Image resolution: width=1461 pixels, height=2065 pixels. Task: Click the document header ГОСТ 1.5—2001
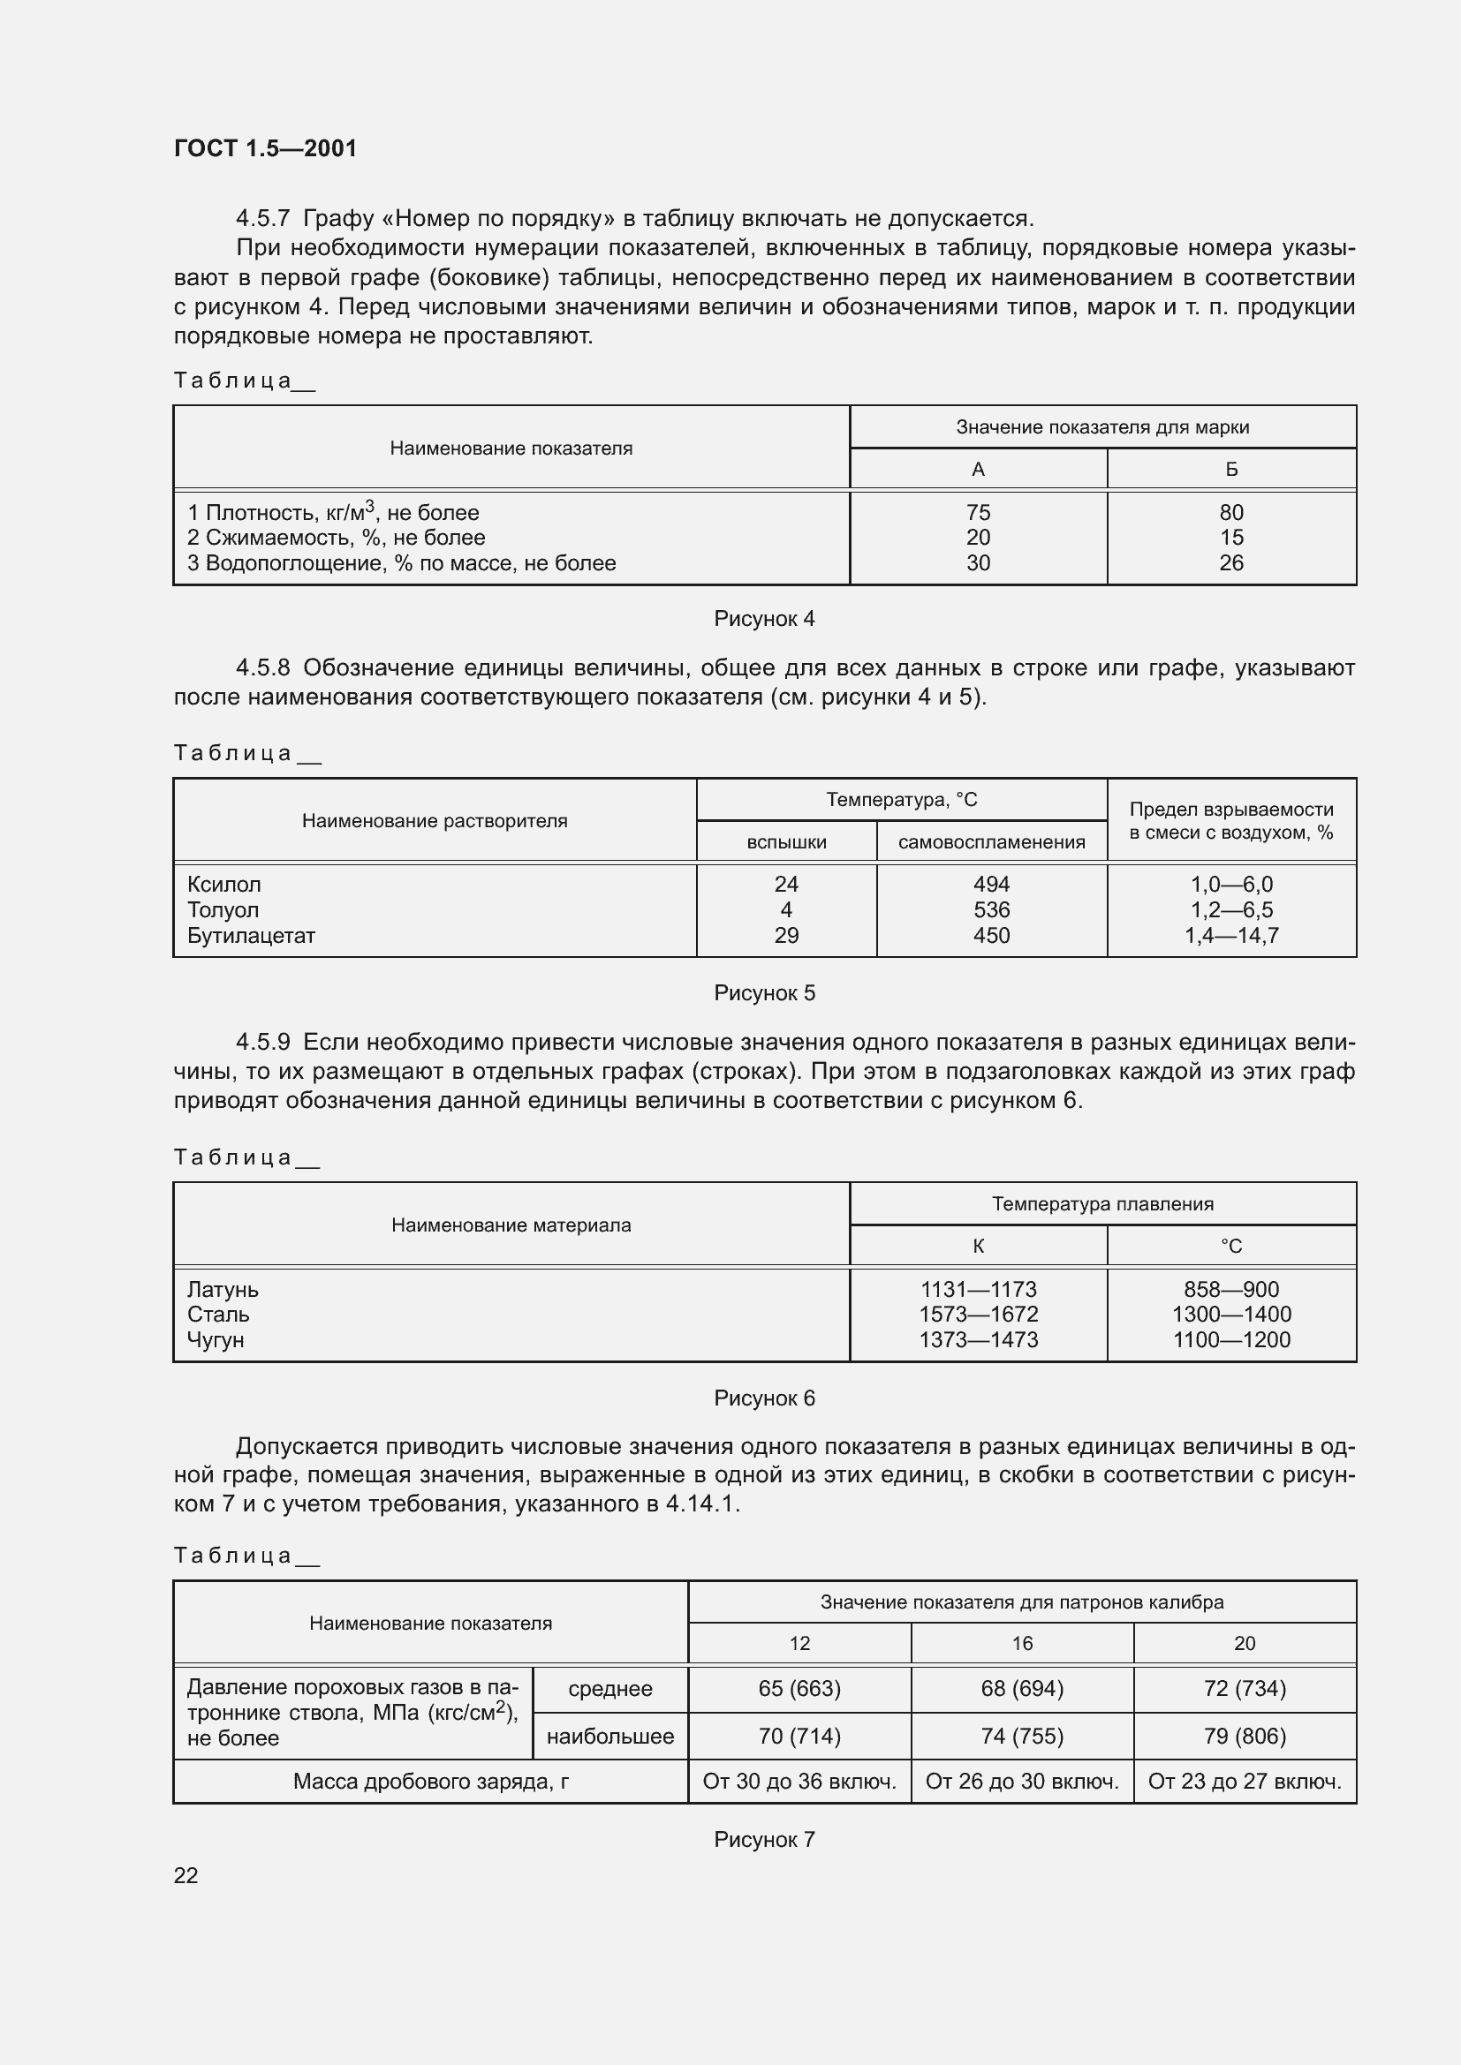point(265,148)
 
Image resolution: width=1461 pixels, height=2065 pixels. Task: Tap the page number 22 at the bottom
point(185,1875)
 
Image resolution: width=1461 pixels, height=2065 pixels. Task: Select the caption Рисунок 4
point(764,619)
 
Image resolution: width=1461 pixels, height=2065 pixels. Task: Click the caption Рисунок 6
point(764,1398)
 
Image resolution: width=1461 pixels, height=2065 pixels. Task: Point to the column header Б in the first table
point(1230,470)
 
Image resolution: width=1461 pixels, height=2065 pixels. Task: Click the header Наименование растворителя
point(435,820)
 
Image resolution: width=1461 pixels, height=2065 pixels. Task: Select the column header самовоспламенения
point(991,843)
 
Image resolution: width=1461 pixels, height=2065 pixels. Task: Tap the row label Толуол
point(223,910)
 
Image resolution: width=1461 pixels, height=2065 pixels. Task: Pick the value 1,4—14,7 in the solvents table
point(1230,935)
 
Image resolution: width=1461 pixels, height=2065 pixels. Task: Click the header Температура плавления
point(1102,1204)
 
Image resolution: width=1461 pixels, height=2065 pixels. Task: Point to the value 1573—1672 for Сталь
point(978,1314)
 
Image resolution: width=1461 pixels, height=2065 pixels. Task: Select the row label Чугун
point(216,1339)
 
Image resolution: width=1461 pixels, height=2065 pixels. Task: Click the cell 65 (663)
point(799,1689)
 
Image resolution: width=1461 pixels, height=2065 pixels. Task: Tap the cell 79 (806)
point(1245,1736)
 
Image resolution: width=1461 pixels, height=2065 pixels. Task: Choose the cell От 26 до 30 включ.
point(1022,1782)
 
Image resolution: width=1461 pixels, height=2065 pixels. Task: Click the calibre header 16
point(1022,1643)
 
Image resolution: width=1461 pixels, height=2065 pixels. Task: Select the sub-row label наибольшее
point(610,1736)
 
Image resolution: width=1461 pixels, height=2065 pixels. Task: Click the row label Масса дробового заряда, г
point(430,1782)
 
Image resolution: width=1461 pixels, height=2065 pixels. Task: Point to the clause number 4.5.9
point(262,1043)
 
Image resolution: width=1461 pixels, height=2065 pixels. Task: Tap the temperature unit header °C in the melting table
point(1230,1247)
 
